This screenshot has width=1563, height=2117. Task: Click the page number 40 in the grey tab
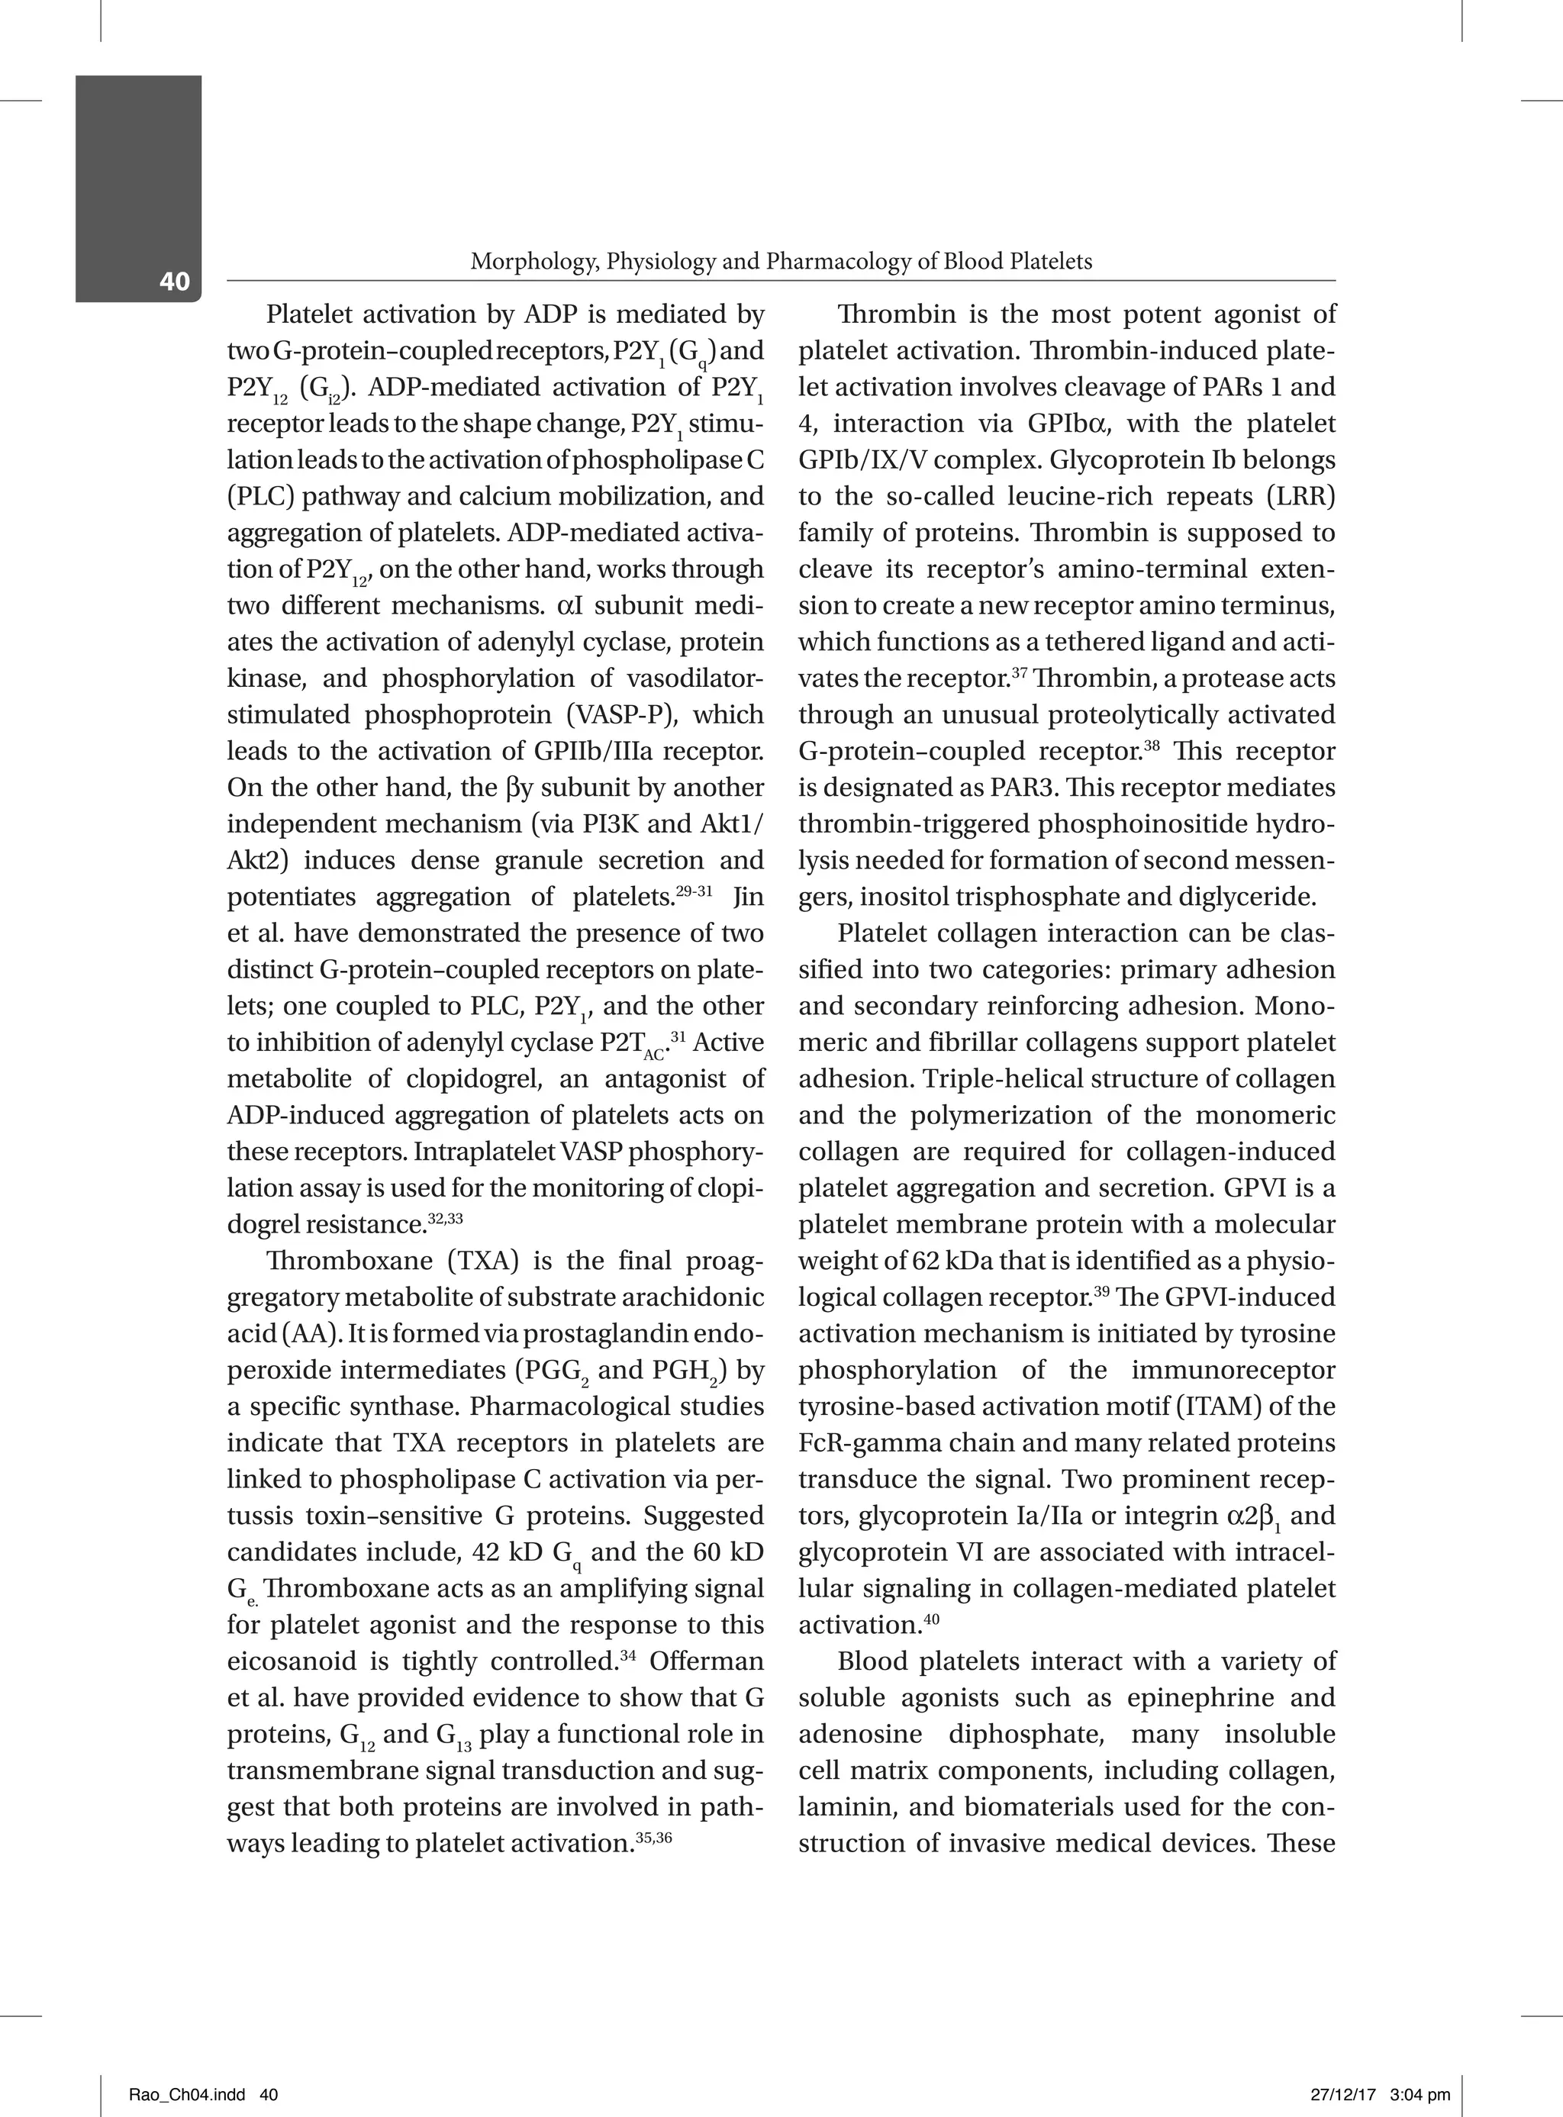174,281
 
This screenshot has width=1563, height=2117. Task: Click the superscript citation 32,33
445,1218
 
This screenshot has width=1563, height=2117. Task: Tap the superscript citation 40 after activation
931,1619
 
